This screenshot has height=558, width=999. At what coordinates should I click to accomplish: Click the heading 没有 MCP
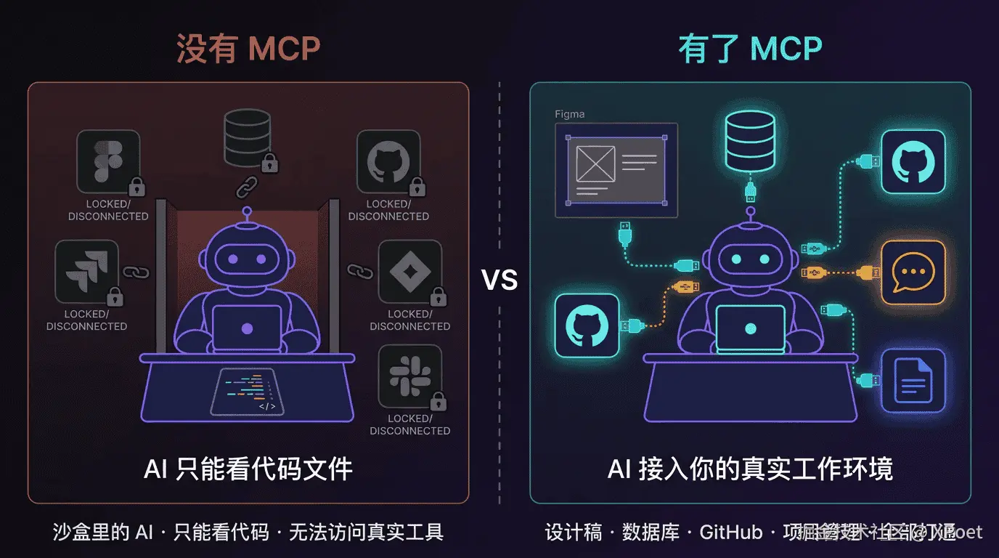pyautogui.click(x=248, y=49)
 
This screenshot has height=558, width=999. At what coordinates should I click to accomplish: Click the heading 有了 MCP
pyautogui.click(x=750, y=49)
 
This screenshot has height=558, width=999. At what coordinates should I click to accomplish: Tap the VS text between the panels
pyautogui.click(x=499, y=280)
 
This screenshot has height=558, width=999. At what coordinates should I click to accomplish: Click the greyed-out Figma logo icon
pyautogui.click(x=107, y=161)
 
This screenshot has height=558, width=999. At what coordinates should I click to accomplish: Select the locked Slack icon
pyautogui.click(x=409, y=376)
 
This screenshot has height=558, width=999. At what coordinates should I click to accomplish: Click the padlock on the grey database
pyautogui.click(x=269, y=162)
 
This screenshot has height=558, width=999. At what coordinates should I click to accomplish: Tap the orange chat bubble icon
pyautogui.click(x=913, y=272)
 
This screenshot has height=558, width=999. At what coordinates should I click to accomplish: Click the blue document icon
pyautogui.click(x=913, y=380)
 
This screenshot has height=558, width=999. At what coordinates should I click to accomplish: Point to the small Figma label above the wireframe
pyautogui.click(x=569, y=114)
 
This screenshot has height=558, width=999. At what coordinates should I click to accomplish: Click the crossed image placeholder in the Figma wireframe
pyautogui.click(x=595, y=164)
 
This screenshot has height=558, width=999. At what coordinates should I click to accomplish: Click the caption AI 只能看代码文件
pyautogui.click(x=248, y=469)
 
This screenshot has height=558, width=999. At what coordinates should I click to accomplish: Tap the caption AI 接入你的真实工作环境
pyautogui.click(x=750, y=469)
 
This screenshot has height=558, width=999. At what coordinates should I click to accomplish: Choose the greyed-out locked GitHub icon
pyautogui.click(x=388, y=161)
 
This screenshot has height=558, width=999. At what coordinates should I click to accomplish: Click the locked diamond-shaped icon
pyautogui.click(x=409, y=272)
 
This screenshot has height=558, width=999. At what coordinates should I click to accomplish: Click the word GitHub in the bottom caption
pyautogui.click(x=730, y=533)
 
